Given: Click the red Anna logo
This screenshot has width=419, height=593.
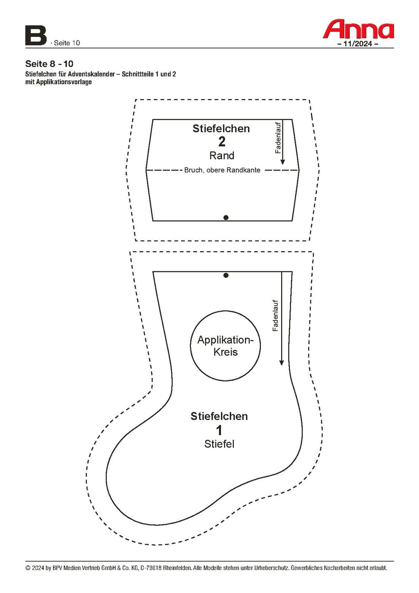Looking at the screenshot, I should pyautogui.click(x=358, y=30).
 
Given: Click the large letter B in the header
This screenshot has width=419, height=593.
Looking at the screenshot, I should pyautogui.click(x=35, y=36).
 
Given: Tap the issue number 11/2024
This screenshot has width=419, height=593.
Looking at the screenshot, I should pyautogui.click(x=358, y=44).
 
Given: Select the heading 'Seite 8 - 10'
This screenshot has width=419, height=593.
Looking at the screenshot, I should pyautogui.click(x=49, y=64).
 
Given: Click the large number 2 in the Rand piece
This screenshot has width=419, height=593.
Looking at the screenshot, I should pyautogui.click(x=222, y=142).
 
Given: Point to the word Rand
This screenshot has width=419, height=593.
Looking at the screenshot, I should pyautogui.click(x=222, y=155).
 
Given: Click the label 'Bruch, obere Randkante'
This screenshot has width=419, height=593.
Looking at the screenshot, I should pyautogui.click(x=222, y=170).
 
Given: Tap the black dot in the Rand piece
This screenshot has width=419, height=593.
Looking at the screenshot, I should pyautogui.click(x=226, y=218).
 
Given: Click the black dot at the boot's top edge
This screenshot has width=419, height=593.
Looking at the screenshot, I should pyautogui.click(x=226, y=275).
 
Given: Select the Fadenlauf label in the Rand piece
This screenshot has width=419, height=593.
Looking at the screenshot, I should pyautogui.click(x=278, y=138).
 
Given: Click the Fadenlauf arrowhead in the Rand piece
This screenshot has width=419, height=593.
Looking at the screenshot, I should pyautogui.click(x=283, y=162).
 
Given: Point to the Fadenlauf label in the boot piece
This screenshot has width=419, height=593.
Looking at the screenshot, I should pyautogui.click(x=276, y=316).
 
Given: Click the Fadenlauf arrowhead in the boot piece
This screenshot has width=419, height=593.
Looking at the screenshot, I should pyautogui.click(x=281, y=362).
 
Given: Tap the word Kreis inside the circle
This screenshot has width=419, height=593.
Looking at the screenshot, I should pyautogui.click(x=225, y=352).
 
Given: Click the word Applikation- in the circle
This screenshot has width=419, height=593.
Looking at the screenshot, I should pyautogui.click(x=225, y=340).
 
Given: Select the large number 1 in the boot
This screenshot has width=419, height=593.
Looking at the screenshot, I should pyautogui.click(x=219, y=430).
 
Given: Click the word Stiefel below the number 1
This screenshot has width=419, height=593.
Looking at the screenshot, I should pyautogui.click(x=219, y=444).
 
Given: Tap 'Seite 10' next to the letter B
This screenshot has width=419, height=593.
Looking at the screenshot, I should pyautogui.click(x=67, y=43).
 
